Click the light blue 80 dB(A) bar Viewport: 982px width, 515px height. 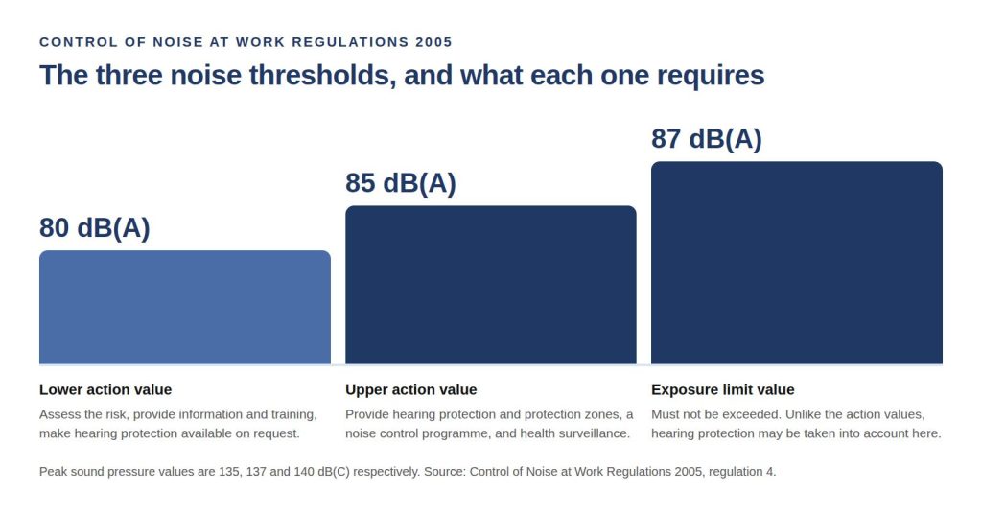click(x=185, y=307)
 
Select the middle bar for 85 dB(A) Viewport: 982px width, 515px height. click(x=490, y=285)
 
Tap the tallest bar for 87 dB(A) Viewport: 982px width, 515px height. click(x=797, y=263)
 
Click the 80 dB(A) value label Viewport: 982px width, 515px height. click(x=95, y=227)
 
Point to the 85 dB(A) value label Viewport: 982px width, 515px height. click(x=401, y=183)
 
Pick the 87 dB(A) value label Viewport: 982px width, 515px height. click(x=707, y=138)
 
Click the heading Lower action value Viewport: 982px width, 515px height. click(x=105, y=389)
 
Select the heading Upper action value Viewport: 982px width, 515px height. click(x=410, y=389)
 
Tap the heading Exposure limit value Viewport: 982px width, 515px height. click(x=723, y=389)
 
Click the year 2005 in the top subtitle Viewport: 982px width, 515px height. click(x=433, y=42)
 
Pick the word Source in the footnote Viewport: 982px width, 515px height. click(x=445, y=472)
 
